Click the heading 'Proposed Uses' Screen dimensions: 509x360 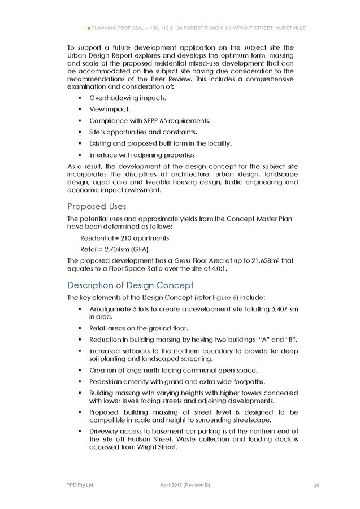[x=97, y=206]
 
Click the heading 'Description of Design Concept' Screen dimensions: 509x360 [x=130, y=285]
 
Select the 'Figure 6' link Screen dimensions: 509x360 [x=224, y=297]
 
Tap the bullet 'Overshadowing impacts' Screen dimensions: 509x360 [x=128, y=98]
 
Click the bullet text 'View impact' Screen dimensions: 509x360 [x=109, y=109]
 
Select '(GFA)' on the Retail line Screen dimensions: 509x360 [x=141, y=249]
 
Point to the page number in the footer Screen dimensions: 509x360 [x=317, y=485]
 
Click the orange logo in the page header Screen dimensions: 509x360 [x=88, y=27]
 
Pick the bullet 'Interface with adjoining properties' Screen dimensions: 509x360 [x=142, y=155]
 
